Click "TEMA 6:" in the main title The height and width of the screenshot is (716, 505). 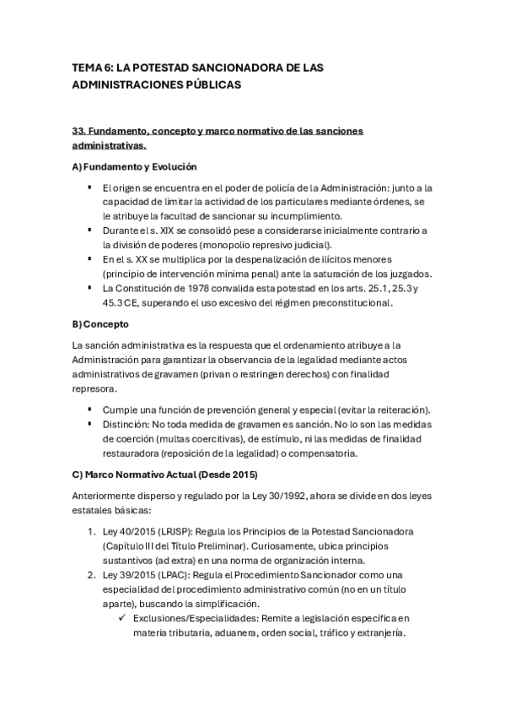point(91,67)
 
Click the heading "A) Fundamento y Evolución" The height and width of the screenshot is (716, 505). point(134,166)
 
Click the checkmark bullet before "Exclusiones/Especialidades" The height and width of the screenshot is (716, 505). point(125,620)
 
